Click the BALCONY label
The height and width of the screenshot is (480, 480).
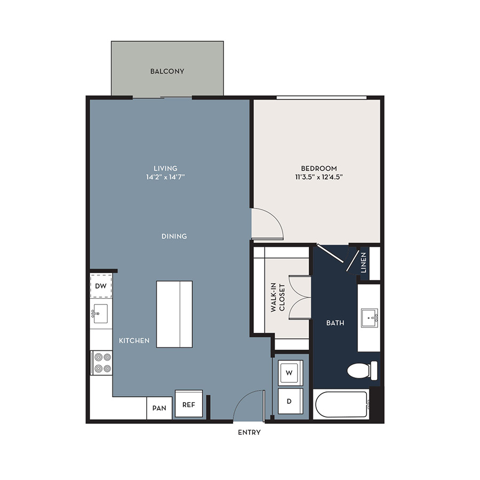(x=167, y=71)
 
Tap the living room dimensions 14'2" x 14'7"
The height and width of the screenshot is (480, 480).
(x=165, y=177)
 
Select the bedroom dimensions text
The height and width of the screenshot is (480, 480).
(x=319, y=177)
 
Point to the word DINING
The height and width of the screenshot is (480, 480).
(x=174, y=236)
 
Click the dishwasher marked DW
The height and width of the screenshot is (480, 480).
(x=101, y=286)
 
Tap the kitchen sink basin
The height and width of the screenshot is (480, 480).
(x=100, y=314)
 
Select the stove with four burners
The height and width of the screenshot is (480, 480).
(x=102, y=363)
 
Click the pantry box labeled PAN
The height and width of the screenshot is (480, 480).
(x=159, y=408)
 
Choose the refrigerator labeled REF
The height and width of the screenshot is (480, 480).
(x=189, y=404)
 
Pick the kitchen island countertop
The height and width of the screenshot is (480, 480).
(x=174, y=314)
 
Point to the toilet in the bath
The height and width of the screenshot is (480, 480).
(x=362, y=371)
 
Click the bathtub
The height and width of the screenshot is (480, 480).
(x=341, y=404)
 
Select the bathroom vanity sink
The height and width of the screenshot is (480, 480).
(x=370, y=318)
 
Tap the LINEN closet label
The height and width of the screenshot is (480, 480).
(x=364, y=262)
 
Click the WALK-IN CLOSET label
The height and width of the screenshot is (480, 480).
(x=278, y=298)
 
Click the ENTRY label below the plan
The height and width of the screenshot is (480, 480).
(x=249, y=432)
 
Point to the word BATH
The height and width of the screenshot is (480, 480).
(x=335, y=323)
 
